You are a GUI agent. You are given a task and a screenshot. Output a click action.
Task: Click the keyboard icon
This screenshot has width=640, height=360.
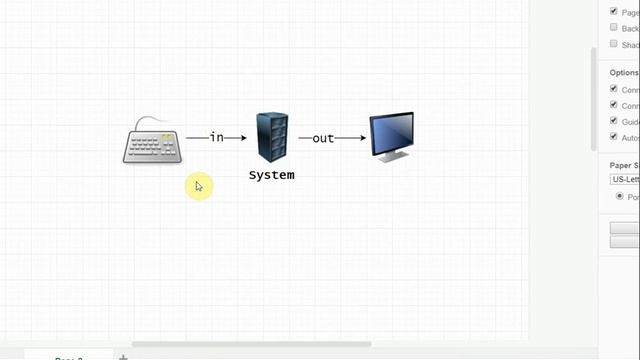(x=153, y=146)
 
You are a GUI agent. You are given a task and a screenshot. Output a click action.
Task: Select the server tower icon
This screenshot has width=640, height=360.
(x=272, y=138)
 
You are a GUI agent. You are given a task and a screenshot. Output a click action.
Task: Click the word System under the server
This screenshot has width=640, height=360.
(x=272, y=175)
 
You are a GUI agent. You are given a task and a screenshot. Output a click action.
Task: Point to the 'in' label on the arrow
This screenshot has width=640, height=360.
(x=216, y=137)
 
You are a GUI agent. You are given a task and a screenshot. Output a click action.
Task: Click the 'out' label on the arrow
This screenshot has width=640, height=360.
(x=322, y=138)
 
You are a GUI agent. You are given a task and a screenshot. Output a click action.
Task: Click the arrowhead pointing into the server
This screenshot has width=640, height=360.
(x=242, y=138)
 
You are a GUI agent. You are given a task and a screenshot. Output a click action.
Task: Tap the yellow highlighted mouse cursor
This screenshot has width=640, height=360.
(x=198, y=185)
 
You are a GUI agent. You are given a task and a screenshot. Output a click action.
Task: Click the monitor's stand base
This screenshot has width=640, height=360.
(x=393, y=158)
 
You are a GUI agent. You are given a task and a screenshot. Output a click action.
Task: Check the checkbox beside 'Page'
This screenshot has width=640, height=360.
(x=613, y=12)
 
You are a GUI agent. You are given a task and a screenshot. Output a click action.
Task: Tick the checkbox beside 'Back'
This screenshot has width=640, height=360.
(x=613, y=28)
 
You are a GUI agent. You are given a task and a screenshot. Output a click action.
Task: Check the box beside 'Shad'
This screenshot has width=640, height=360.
(x=613, y=44)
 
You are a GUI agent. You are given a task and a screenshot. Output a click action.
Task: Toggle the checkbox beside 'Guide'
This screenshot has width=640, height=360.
(x=613, y=121)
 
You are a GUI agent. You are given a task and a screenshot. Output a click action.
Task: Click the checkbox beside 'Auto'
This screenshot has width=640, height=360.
(x=613, y=137)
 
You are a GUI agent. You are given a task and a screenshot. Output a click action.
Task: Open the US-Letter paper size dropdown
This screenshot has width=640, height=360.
(x=624, y=179)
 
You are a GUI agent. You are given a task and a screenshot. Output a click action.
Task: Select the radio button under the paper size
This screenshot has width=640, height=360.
(x=619, y=196)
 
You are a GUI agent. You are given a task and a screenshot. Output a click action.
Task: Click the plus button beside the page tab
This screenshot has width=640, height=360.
(x=124, y=356)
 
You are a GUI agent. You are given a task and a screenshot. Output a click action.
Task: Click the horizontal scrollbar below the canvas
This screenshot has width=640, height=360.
(x=250, y=344)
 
